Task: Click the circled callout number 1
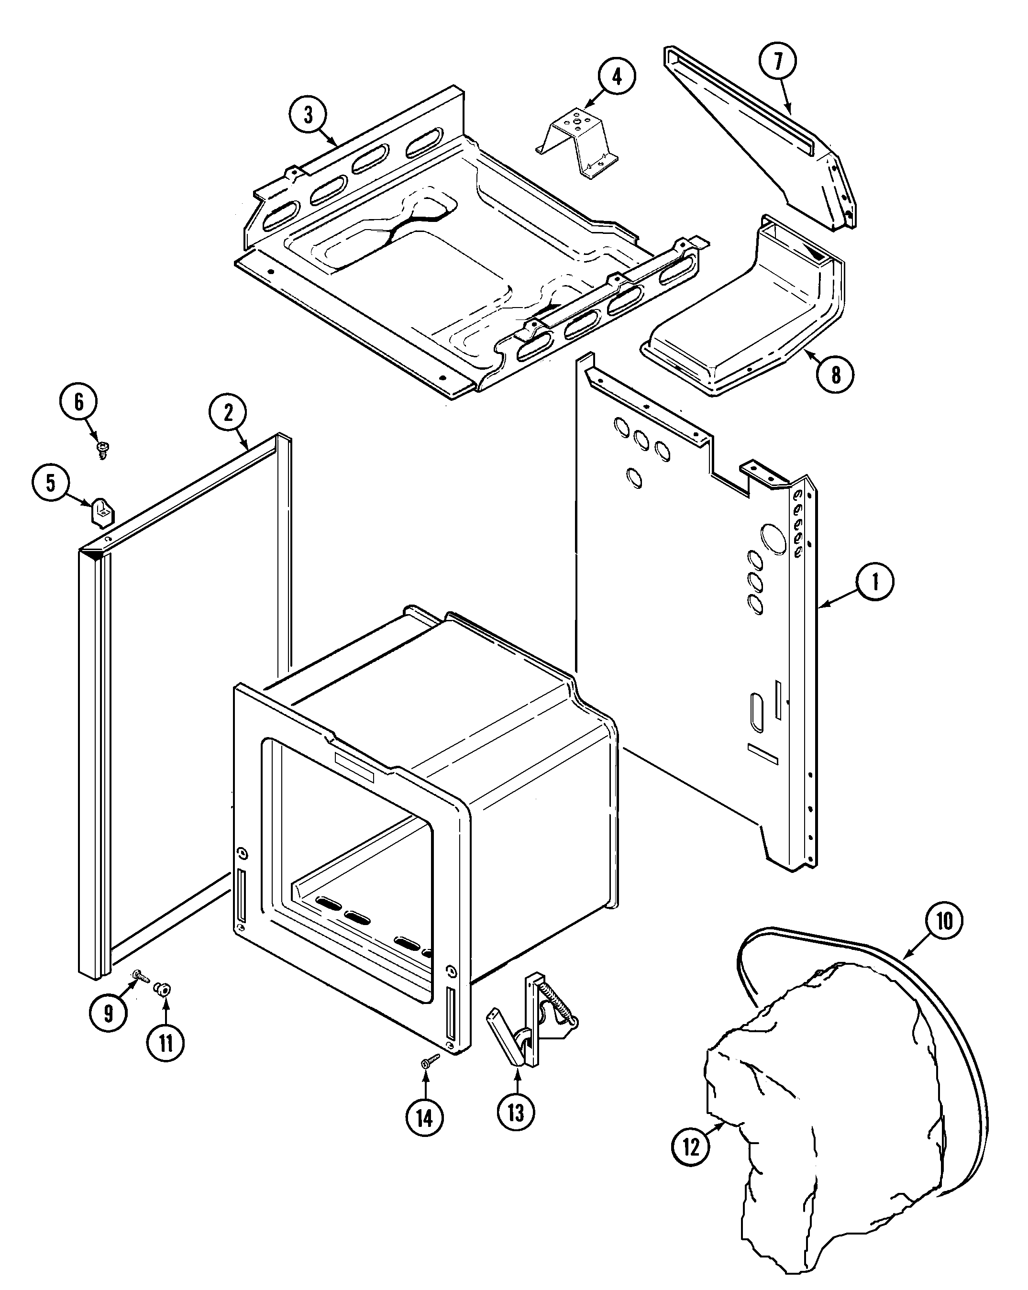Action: tap(874, 582)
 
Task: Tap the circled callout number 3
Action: tap(308, 114)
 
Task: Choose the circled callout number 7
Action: tap(778, 62)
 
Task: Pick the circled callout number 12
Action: tap(691, 1147)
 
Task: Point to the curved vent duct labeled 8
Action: tap(748, 323)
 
